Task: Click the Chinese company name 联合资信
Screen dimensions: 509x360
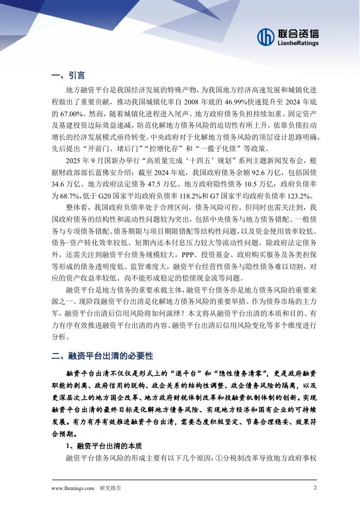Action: (298, 33)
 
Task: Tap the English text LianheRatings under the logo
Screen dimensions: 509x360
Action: (297, 43)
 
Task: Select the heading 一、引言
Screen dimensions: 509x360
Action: (67, 75)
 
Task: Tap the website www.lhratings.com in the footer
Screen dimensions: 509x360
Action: (73, 488)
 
